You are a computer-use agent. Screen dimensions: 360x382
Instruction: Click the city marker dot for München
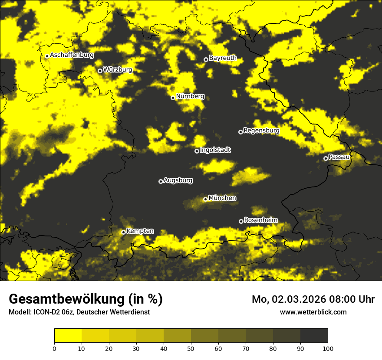click(205, 199)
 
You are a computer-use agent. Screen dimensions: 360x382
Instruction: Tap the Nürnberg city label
click(190, 96)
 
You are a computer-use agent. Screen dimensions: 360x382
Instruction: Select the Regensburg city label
click(261, 130)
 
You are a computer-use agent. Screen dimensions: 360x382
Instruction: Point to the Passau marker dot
click(326, 158)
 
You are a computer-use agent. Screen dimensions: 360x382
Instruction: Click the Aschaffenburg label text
click(72, 55)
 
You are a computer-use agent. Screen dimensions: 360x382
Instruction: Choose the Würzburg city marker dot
click(100, 71)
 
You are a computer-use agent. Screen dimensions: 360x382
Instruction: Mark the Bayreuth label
click(223, 58)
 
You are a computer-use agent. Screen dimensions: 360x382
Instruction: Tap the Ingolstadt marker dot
click(197, 151)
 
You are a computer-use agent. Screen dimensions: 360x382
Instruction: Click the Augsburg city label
click(178, 180)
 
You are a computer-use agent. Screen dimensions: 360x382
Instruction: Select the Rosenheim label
click(260, 220)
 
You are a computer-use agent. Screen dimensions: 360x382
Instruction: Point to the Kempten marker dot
click(123, 232)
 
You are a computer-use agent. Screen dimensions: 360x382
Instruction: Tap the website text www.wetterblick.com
click(313, 312)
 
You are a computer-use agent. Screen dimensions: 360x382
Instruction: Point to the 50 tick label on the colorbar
click(191, 348)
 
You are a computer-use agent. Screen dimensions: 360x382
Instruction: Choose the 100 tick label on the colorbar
click(327, 348)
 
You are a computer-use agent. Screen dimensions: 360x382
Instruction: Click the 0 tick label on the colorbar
click(54, 348)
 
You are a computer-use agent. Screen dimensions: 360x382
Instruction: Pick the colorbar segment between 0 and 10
click(68, 336)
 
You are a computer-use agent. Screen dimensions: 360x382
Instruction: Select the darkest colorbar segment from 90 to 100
click(314, 336)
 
